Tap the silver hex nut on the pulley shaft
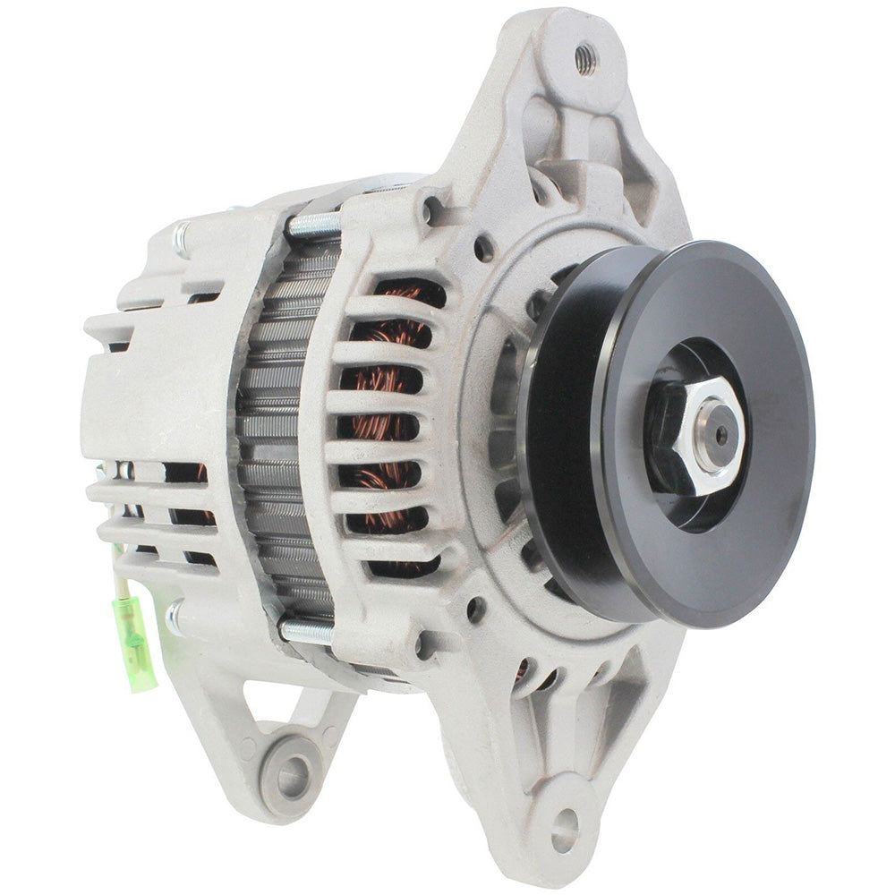coord(703,436)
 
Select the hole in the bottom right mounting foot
coord(564,820)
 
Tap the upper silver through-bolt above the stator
coord(313,224)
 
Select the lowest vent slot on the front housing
coord(403,566)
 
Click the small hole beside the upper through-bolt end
coord(434,211)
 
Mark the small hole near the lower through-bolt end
coord(424,642)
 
